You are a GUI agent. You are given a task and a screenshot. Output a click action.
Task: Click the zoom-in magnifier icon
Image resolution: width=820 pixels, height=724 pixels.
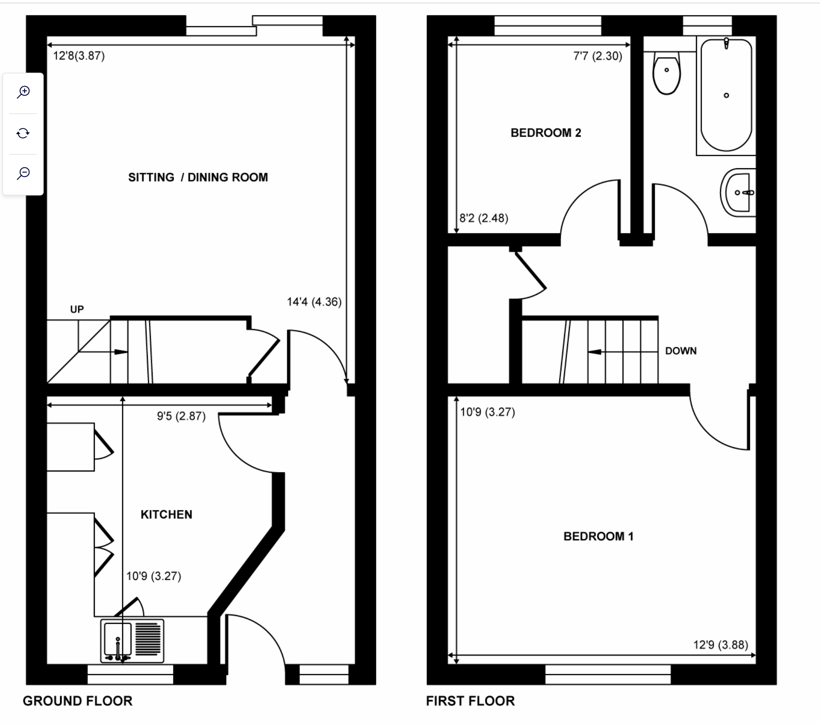(23, 92)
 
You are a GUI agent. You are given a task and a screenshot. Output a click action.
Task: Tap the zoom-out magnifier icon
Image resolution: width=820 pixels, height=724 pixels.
(23, 173)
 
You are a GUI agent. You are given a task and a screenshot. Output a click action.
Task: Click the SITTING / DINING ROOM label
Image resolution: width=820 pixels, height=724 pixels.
(198, 177)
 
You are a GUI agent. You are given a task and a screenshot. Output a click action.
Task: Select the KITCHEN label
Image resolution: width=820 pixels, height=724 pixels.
(166, 514)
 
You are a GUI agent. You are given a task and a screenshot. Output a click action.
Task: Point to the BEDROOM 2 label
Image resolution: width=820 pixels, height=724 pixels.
(546, 133)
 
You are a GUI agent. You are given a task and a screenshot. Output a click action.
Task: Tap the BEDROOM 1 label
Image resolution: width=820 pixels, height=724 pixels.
(598, 536)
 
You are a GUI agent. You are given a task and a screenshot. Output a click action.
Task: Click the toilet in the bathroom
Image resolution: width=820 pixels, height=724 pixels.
(667, 73)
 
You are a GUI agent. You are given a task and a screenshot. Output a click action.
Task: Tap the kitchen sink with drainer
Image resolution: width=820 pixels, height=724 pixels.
(132, 641)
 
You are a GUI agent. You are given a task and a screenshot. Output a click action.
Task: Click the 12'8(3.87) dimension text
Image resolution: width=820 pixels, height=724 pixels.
(79, 56)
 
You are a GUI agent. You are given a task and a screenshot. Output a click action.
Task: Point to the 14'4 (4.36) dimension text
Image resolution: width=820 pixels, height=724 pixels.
(314, 301)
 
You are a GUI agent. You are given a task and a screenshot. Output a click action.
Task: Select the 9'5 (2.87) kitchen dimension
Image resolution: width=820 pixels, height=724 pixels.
(181, 416)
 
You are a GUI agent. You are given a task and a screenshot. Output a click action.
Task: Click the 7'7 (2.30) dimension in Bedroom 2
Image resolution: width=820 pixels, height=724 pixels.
(598, 56)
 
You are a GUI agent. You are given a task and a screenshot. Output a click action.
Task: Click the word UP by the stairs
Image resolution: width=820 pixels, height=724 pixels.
(77, 309)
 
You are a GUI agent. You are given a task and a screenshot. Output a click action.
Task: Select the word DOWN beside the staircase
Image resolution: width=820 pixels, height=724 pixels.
(681, 351)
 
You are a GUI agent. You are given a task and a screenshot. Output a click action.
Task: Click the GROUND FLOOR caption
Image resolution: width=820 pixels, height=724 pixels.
(77, 701)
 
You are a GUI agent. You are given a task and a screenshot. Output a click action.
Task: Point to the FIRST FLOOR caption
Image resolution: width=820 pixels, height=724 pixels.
(470, 701)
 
